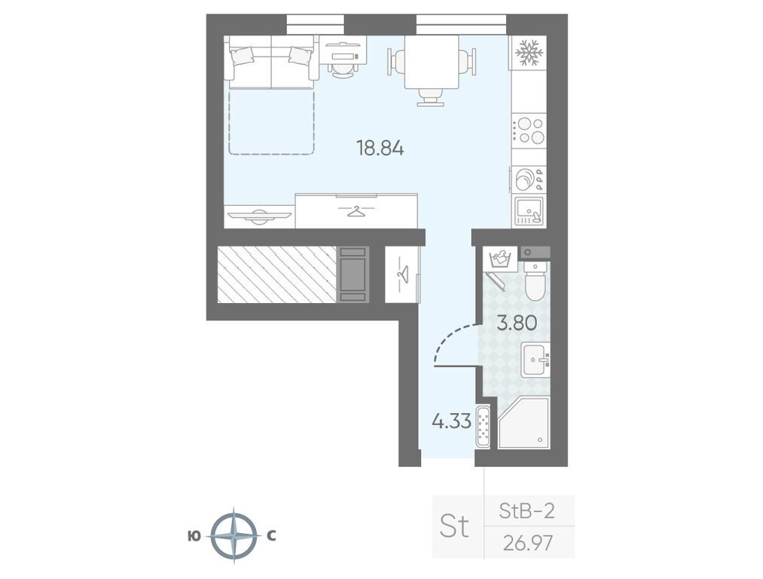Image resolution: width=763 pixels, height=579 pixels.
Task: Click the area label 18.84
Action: click(x=380, y=148)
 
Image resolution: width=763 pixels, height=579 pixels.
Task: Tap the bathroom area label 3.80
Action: click(x=516, y=323)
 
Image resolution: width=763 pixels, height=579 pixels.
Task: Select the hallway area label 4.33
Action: click(x=452, y=421)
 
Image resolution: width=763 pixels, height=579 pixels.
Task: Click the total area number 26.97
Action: click(x=529, y=543)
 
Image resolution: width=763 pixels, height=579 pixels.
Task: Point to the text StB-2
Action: click(x=527, y=511)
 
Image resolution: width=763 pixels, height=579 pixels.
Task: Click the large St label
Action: click(x=454, y=526)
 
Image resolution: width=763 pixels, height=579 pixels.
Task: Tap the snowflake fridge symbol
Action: click(x=529, y=53)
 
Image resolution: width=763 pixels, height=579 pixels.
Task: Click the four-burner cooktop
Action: click(x=529, y=130)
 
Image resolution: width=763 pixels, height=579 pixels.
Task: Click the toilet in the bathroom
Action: click(x=537, y=281)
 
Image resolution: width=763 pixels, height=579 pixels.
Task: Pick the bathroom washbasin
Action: click(x=536, y=360)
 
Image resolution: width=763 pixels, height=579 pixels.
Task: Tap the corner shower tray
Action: click(x=523, y=423)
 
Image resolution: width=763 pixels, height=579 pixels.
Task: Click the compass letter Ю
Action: click(x=194, y=536)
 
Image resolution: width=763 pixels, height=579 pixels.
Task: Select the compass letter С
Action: click(x=271, y=536)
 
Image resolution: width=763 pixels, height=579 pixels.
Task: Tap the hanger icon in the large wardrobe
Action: click(x=356, y=211)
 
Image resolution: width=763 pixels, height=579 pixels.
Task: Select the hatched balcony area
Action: click(x=277, y=274)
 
